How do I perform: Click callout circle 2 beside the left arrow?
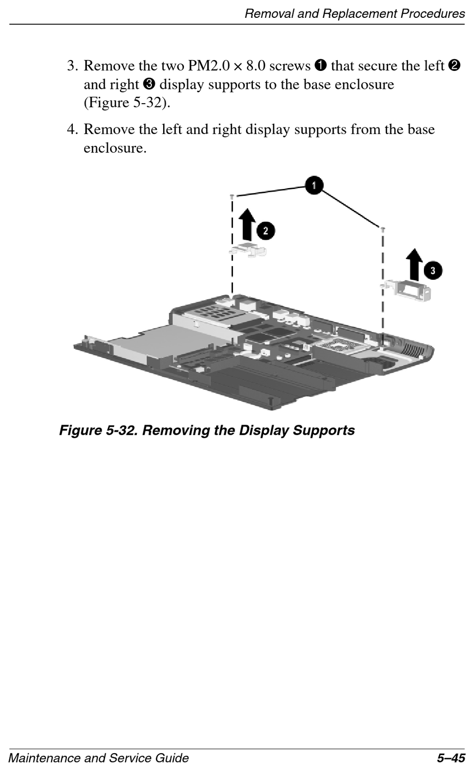pyautogui.click(x=266, y=230)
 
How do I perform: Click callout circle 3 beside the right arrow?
pyautogui.click(x=433, y=270)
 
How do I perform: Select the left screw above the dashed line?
pyautogui.click(x=232, y=197)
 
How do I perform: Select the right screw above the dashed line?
pyautogui.click(x=383, y=228)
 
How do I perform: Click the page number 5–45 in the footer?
pyautogui.click(x=451, y=758)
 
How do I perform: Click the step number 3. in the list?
pyautogui.click(x=73, y=66)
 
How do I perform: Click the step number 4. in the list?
pyautogui.click(x=73, y=130)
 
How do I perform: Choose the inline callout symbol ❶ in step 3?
pyautogui.click(x=320, y=65)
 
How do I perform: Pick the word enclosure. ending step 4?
pyautogui.click(x=115, y=148)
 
